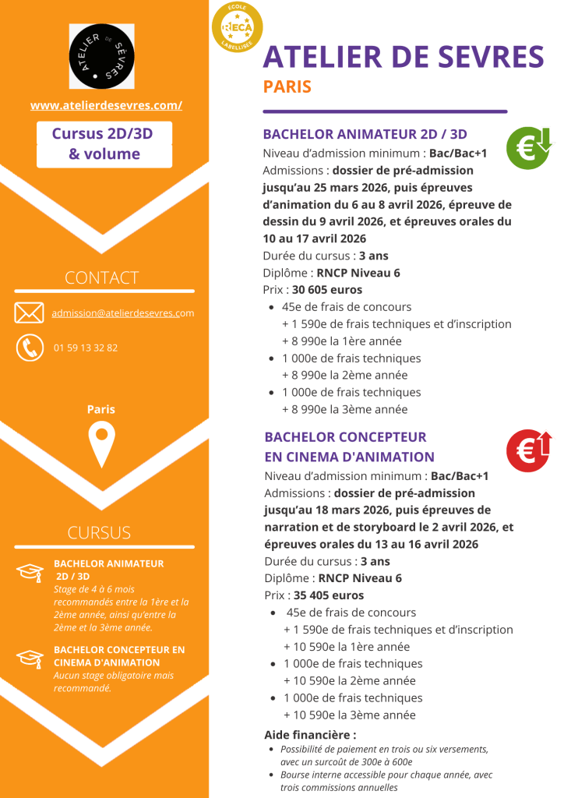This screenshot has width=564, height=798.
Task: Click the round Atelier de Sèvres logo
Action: coord(101,56)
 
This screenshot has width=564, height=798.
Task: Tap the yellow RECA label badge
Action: coord(237,28)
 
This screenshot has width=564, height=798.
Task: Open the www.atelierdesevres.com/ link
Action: coord(106,105)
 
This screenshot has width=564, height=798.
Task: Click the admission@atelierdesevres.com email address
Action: coord(122,313)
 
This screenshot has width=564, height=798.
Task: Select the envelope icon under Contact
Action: coord(29,313)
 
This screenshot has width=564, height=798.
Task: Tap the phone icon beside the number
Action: coord(30,347)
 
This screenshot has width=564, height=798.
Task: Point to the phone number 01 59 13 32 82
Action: coord(86,348)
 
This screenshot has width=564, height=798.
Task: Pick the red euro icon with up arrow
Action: coord(529,450)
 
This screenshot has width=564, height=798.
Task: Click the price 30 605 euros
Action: coord(327,290)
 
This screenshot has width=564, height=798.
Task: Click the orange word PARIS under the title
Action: coord(287,87)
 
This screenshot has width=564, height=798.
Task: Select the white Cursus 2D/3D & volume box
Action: coord(104,144)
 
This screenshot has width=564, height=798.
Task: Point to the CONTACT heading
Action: coord(101,277)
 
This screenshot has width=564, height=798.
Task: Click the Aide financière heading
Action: coord(310,734)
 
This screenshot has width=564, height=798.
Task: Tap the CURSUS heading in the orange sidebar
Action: coord(99,533)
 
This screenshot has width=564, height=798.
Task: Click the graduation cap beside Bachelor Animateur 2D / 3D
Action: coord(30,572)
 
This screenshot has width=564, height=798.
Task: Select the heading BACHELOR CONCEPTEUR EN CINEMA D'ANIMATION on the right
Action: coord(349,447)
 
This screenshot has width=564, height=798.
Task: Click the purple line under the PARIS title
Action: coord(385,111)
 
